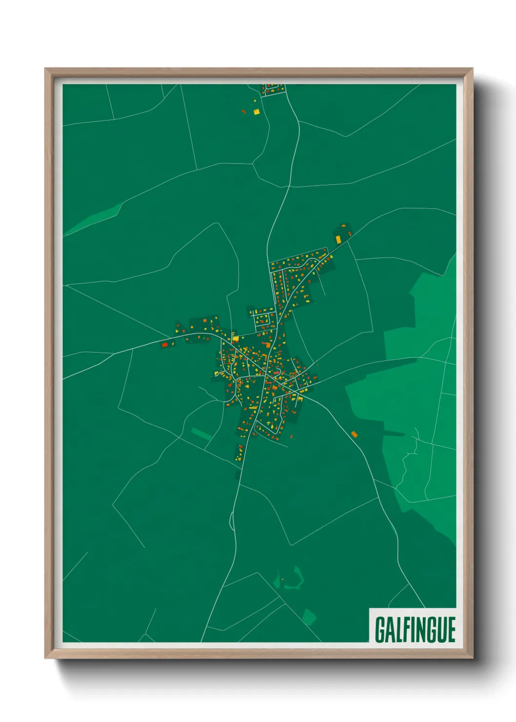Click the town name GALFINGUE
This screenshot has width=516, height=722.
point(415,629)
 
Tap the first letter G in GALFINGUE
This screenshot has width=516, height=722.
point(380,629)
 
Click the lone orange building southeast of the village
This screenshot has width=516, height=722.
point(354,434)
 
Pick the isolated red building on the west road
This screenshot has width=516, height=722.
point(164,344)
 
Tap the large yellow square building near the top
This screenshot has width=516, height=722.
point(256,111)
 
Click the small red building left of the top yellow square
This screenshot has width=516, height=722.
point(243,111)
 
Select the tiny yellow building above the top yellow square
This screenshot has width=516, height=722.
point(255,100)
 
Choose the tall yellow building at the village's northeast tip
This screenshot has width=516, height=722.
point(338,239)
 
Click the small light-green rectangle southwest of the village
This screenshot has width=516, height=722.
point(201,433)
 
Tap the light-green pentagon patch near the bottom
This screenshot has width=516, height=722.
point(309,616)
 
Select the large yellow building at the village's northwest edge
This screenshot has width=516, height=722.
point(235,338)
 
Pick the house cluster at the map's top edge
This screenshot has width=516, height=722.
point(272,89)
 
